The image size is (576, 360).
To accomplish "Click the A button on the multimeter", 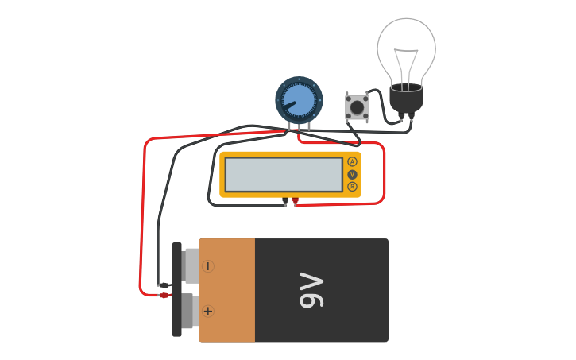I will (352, 161).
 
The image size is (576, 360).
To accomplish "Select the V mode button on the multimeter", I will (352, 174).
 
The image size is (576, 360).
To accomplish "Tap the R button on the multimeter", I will (352, 187).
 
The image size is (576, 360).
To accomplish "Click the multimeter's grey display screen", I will (284, 174).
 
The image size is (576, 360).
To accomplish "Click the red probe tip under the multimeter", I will (296, 202).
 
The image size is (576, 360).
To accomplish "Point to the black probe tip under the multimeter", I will (285, 202).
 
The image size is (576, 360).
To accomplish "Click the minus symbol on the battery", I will (208, 266).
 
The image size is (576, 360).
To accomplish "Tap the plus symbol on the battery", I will (208, 311).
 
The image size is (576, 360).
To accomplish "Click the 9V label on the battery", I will (311, 290).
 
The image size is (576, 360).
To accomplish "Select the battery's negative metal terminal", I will (190, 265).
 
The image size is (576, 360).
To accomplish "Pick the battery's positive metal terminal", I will (188, 311).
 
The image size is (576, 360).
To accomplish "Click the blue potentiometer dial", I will (299, 100).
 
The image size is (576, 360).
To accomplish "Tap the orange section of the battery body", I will (227, 290).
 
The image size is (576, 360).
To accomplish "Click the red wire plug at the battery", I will (164, 296).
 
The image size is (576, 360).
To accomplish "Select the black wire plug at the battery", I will (164, 285).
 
